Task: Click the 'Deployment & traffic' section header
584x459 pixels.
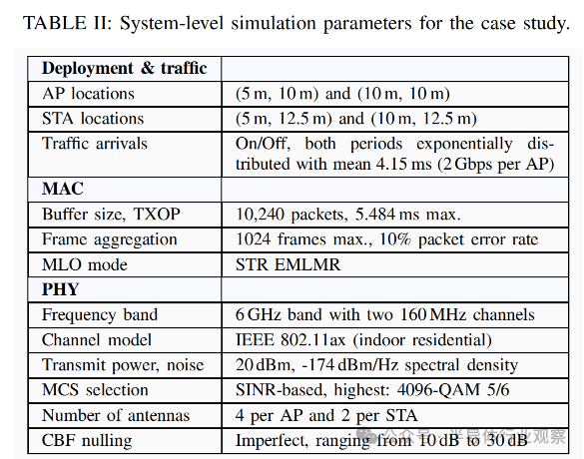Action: [x=125, y=69]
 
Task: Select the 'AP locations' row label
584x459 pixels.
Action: [x=88, y=94]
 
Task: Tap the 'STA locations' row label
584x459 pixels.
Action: [x=93, y=119]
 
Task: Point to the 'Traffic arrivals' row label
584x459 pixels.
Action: [x=95, y=144]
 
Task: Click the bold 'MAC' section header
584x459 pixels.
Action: [x=63, y=189]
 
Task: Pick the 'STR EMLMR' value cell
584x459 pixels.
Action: [x=288, y=264]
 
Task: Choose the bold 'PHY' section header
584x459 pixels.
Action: [x=60, y=289]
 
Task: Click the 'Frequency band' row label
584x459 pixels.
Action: [x=100, y=315]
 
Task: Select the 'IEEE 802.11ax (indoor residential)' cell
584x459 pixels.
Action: [x=363, y=340]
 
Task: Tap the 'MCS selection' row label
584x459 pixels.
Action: [x=95, y=390]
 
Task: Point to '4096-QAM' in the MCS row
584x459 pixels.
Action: [x=438, y=390]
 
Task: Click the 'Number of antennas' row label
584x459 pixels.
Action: [x=116, y=415]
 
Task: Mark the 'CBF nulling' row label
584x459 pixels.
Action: [x=87, y=441]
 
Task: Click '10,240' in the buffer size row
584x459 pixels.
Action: [x=260, y=215]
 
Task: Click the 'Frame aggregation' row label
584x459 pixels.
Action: [x=110, y=239]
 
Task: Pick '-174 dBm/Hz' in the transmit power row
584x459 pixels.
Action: [x=350, y=365]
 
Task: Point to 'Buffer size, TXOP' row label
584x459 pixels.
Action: [x=111, y=215]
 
